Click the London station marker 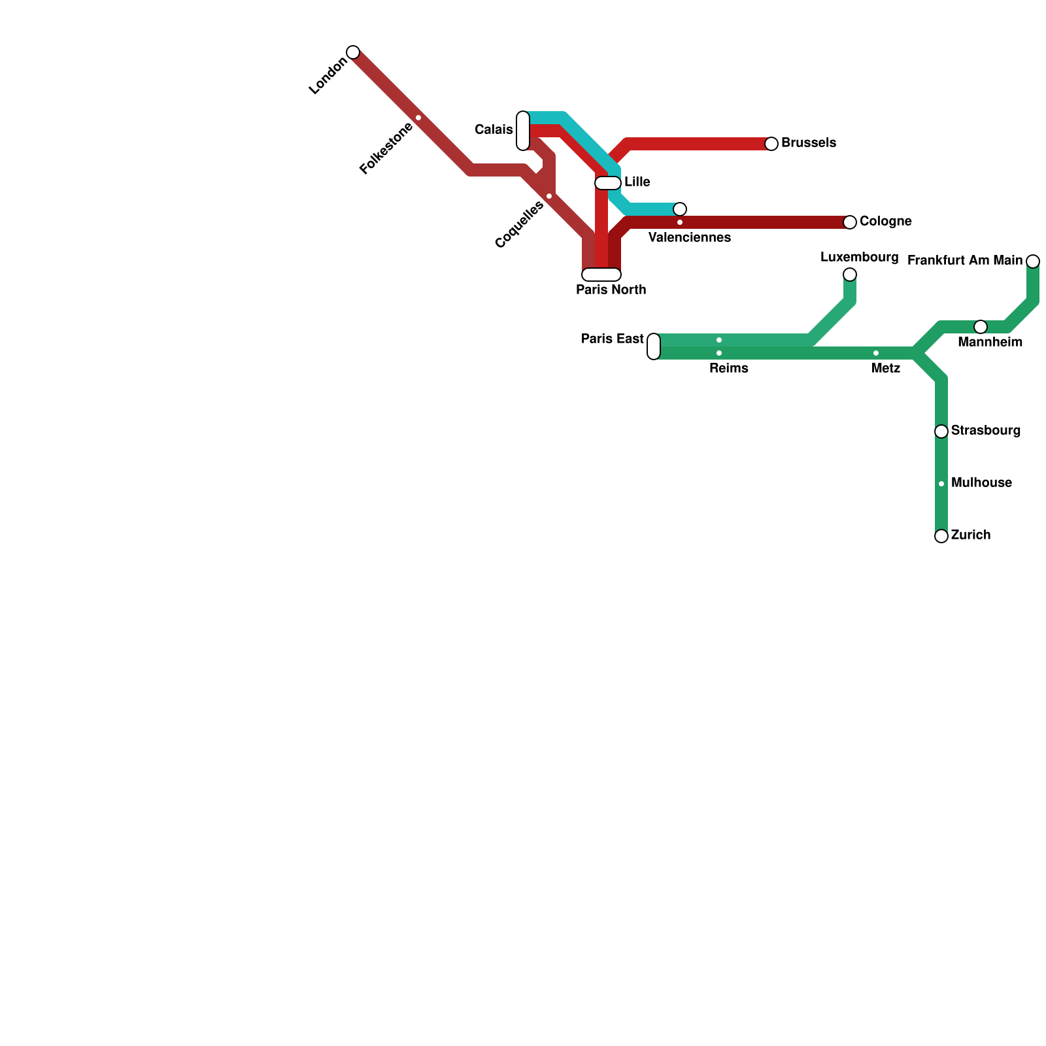pyautogui.click(x=353, y=52)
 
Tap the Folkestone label pyautogui.click(x=386, y=148)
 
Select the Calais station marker pyautogui.click(x=523, y=131)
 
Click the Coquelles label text pyautogui.click(x=519, y=225)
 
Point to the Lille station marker pyautogui.click(x=608, y=183)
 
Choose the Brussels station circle pyautogui.click(x=771, y=144)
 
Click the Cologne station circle pyautogui.click(x=850, y=222)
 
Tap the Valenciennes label pyautogui.click(x=689, y=238)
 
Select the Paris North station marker pyautogui.click(x=601, y=275)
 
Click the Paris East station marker pyautogui.click(x=654, y=346)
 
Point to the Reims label pyautogui.click(x=728, y=369)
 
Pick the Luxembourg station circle pyautogui.click(x=850, y=275)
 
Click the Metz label pyautogui.click(x=886, y=369)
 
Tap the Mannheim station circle pyautogui.click(x=981, y=327)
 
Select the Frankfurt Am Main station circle pyautogui.click(x=1033, y=261)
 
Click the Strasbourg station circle pyautogui.click(x=941, y=431)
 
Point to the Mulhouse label pyautogui.click(x=981, y=483)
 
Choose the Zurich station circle pyautogui.click(x=941, y=536)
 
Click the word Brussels pyautogui.click(x=808, y=143)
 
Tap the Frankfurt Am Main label pyautogui.click(x=964, y=261)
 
